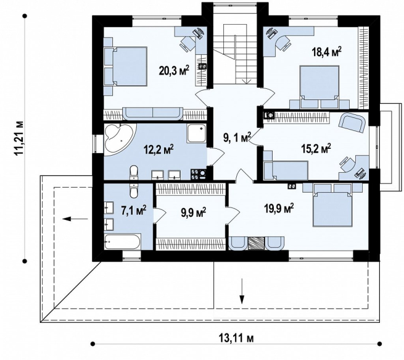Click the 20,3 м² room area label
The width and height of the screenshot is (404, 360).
click(174, 70)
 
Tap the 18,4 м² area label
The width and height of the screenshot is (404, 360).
click(326, 52)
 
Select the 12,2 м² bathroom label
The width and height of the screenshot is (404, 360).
click(159, 150)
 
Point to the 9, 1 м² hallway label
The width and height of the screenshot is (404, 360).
click(237, 138)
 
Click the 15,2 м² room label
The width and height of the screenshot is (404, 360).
click(316, 148)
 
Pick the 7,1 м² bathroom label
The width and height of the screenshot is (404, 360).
click(134, 209)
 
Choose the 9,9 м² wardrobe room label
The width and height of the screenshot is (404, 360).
click(194, 212)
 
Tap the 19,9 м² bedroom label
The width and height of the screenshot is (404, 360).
click(279, 209)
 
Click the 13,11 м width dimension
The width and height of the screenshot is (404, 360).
click(236, 338)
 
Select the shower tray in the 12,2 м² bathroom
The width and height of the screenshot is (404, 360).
click(197, 133)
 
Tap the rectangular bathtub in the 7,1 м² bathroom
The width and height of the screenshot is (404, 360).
click(122, 242)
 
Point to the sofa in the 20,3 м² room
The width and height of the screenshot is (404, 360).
click(153, 114)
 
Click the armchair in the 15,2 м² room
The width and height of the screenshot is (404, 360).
click(352, 123)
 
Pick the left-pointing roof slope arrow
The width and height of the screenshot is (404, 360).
click(75, 219)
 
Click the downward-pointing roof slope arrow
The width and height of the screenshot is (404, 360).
click(242, 291)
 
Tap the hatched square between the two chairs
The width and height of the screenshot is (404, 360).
click(257, 243)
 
